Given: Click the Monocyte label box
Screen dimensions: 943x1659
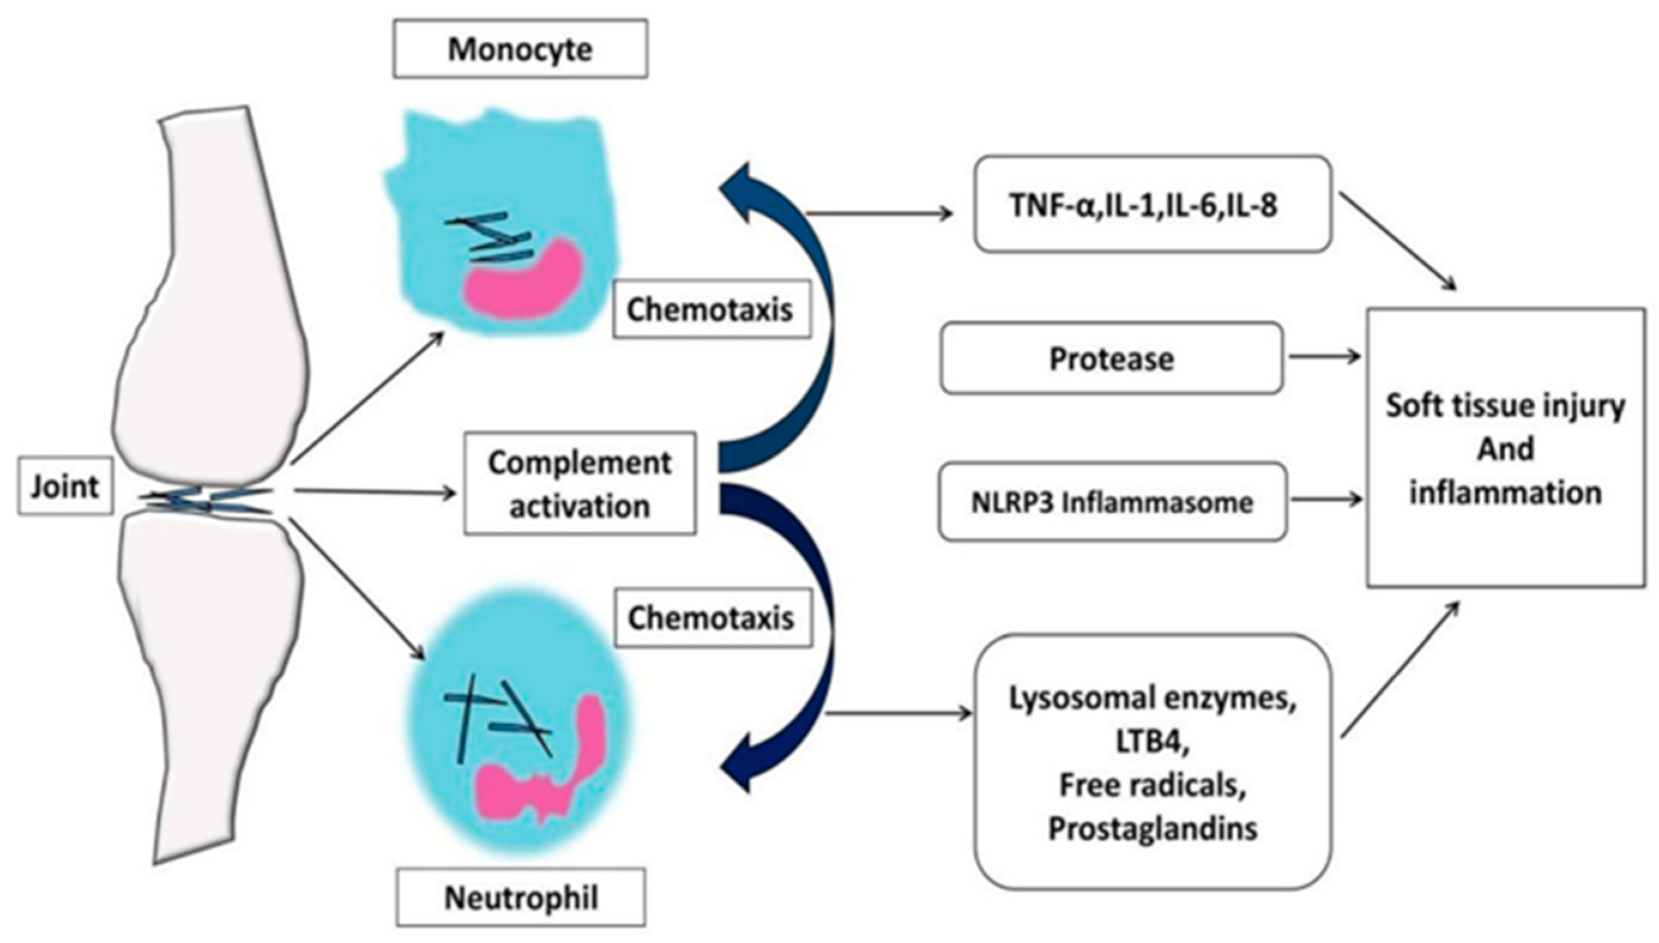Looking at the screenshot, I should pyautogui.click(x=520, y=49).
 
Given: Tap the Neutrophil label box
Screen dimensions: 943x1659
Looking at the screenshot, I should pyautogui.click(x=521, y=897).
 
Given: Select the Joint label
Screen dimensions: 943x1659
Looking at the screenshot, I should pyautogui.click(x=65, y=486).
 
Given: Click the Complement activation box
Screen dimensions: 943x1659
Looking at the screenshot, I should pyautogui.click(x=579, y=484).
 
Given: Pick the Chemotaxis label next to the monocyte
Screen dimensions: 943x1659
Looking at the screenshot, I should pyautogui.click(x=711, y=310).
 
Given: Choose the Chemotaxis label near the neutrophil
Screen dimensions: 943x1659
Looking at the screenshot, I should pyautogui.click(x=712, y=618).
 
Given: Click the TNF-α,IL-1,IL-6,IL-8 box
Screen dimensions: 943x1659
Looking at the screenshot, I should pyautogui.click(x=1152, y=204).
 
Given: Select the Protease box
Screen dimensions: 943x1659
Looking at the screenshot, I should pyautogui.click(x=1111, y=358).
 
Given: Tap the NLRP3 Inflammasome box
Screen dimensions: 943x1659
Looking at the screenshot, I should pyautogui.click(x=1112, y=502).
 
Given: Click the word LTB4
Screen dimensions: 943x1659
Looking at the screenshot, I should pyautogui.click(x=1152, y=742).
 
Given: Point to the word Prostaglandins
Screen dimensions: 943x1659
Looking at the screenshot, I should pyautogui.click(x=1152, y=829).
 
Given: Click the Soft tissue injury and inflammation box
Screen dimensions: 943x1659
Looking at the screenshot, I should pyautogui.click(x=1505, y=448).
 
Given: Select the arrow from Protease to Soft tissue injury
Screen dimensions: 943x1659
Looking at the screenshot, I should pyautogui.click(x=1324, y=356).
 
